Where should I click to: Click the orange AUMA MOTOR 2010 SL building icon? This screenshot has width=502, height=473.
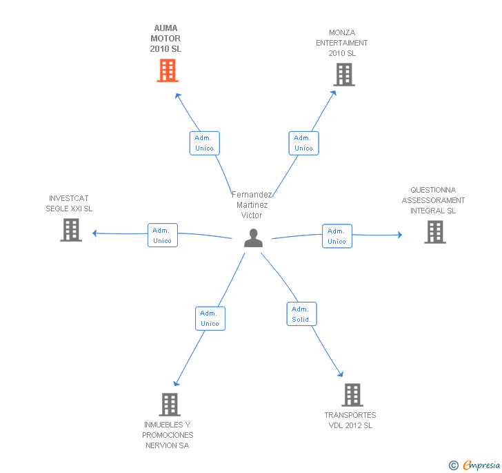(x=168, y=70)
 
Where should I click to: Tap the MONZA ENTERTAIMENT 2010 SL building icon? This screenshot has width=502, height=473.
(x=343, y=75)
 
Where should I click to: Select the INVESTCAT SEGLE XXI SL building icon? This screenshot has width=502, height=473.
(x=71, y=230)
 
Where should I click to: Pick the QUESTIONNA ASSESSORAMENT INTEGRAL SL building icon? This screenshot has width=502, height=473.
(x=435, y=232)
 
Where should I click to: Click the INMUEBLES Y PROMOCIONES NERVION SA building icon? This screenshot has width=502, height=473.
(x=170, y=404)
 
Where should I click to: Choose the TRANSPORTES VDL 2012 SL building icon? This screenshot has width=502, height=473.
(x=352, y=395)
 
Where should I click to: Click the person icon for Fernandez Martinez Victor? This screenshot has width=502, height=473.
(x=254, y=238)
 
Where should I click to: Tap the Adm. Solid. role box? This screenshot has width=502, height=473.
(x=301, y=314)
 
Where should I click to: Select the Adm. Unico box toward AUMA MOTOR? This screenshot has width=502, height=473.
(x=204, y=143)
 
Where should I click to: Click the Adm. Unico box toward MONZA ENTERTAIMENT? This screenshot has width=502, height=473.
(x=303, y=143)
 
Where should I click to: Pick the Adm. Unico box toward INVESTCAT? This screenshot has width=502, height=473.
(x=162, y=235)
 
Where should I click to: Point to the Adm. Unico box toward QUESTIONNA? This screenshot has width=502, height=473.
(x=337, y=236)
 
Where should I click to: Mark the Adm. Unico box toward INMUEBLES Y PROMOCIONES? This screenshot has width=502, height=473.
(x=210, y=318)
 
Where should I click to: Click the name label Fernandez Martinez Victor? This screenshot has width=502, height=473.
(x=252, y=205)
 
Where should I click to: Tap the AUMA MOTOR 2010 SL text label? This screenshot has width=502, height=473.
(x=165, y=39)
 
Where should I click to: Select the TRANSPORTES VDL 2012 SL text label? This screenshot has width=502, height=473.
(x=350, y=421)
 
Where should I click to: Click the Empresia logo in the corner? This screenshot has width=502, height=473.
(x=481, y=465)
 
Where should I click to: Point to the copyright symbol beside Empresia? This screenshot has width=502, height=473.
(x=453, y=465)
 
